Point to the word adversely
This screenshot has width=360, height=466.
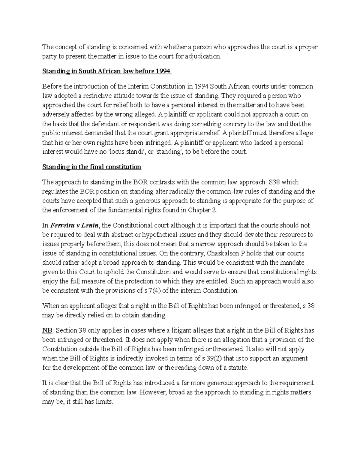click(x=55, y=115)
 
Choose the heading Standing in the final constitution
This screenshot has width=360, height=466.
click(x=91, y=167)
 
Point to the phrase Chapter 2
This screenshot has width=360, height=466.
click(x=202, y=210)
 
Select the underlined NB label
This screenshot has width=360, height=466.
click(x=47, y=331)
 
